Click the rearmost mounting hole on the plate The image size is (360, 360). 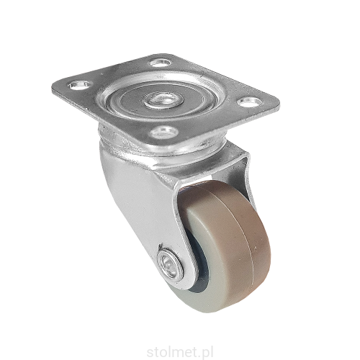point(160,63)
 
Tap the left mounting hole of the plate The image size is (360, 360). point(80,85)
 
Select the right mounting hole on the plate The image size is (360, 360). point(250,102)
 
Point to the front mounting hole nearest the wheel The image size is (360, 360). point(164,132)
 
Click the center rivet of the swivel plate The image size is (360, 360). point(163,100)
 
